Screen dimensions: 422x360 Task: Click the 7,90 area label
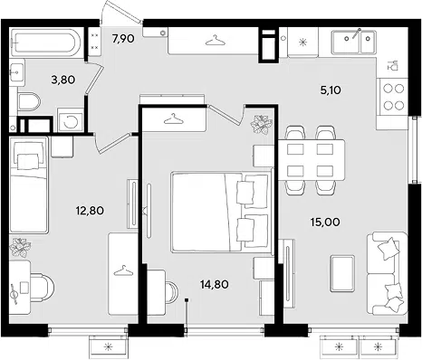[x=123, y=39]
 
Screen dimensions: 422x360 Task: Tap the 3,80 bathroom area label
[x=63, y=80]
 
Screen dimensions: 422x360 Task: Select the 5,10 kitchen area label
[x=331, y=90]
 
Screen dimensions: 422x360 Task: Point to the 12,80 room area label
[x=90, y=210]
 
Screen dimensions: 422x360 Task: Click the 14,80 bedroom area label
[x=215, y=284]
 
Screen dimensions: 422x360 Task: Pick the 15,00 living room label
[x=325, y=223]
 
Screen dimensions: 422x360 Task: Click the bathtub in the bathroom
[x=45, y=43]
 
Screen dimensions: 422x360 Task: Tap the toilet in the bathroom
[x=29, y=101]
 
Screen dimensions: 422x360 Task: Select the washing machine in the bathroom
[x=71, y=120]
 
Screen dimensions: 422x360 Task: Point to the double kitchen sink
[x=353, y=42]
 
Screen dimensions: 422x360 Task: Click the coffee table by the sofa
[x=342, y=273]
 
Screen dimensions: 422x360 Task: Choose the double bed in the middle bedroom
[x=220, y=212]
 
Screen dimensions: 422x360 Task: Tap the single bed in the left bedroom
[x=29, y=185]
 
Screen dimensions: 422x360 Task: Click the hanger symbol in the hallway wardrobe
[x=216, y=41]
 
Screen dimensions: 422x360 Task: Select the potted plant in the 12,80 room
[x=20, y=248]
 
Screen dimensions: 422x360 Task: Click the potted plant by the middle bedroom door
[x=262, y=124]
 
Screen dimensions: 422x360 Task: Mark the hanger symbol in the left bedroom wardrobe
[x=123, y=270]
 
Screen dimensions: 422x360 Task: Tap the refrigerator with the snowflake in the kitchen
[x=302, y=42]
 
